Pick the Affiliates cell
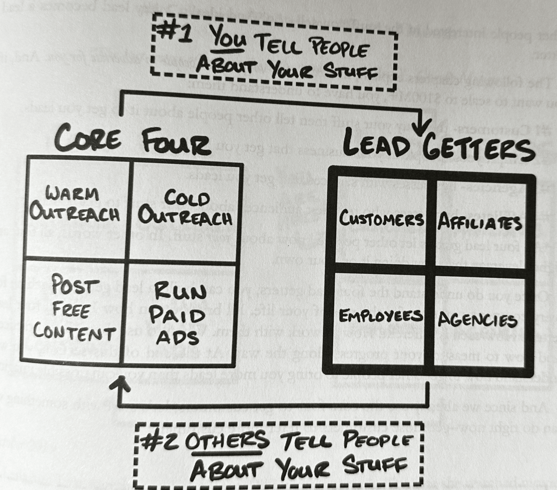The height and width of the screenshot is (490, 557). click(479, 222)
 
